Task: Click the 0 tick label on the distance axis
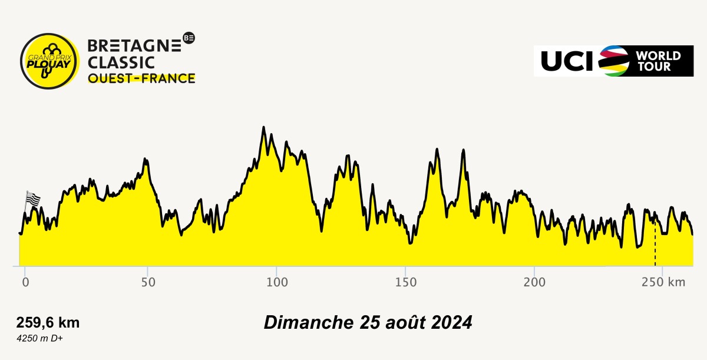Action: click(25, 282)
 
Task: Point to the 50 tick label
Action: click(148, 282)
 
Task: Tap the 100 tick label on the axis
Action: click(276, 282)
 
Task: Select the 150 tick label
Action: click(405, 282)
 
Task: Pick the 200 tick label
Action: click(534, 282)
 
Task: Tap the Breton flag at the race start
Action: click(32, 199)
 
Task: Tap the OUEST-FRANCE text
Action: click(141, 78)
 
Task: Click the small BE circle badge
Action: click(189, 38)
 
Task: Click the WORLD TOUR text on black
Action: click(658, 61)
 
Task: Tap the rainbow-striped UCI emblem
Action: click(614, 61)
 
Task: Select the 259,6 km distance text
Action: click(48, 323)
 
